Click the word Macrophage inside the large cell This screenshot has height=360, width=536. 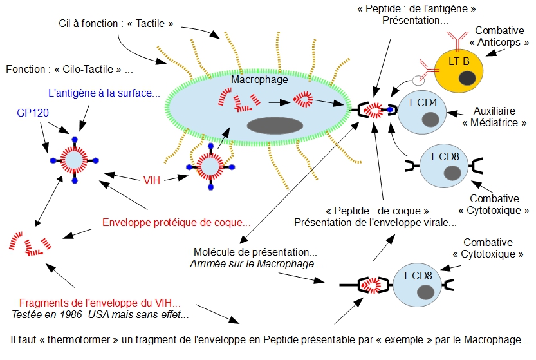coord(260,80)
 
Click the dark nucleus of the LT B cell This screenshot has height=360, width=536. coord(467,78)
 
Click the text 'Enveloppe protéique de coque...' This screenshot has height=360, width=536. coord(176,223)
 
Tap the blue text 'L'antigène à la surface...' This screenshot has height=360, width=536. coord(104,93)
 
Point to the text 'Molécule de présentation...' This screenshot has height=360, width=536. coord(255,252)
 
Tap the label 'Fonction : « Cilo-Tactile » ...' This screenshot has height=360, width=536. coord(69,69)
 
